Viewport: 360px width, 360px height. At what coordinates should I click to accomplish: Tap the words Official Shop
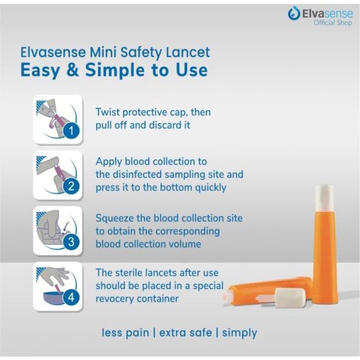332,22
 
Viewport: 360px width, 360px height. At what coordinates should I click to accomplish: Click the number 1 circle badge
71,131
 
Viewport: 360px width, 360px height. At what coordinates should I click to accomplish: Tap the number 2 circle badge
71,186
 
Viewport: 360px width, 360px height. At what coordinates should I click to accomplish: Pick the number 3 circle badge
71,242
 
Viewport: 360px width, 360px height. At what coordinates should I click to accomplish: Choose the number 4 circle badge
71,297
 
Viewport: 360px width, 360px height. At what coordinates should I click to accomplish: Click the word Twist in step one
107,112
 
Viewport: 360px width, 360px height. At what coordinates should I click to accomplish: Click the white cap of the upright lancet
324,196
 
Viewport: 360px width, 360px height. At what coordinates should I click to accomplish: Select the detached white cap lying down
290,298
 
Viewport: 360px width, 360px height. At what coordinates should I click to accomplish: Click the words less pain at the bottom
125,332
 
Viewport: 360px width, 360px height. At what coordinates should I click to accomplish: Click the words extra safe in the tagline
185,332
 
